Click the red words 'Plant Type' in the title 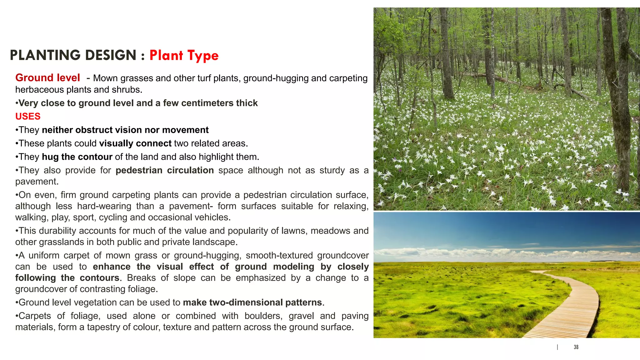[184, 56]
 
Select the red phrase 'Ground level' [47, 77]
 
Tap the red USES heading [28, 116]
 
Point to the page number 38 [576, 347]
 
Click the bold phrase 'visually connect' [135, 143]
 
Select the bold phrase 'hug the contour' [77, 157]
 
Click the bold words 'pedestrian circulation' [164, 170]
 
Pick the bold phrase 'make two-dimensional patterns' [252, 302]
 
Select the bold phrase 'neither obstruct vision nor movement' [125, 130]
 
